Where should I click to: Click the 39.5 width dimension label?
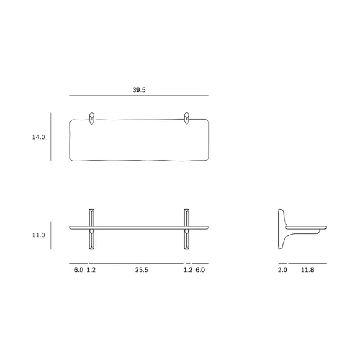tap(139, 90)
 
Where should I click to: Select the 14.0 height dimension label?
tap(39, 137)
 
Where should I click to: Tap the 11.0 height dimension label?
tap(39, 235)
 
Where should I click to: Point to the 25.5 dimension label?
tap(141, 270)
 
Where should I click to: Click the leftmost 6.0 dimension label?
tap(78, 270)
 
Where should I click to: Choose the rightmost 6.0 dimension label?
tap(200, 270)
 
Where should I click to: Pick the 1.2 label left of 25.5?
tap(91, 270)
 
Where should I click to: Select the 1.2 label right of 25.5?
tap(188, 270)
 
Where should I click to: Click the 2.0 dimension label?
tap(283, 270)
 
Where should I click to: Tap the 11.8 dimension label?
tap(307, 270)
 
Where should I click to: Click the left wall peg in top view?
tap(91, 118)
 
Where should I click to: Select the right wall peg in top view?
tap(187, 118)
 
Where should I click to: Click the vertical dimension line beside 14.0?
tap(51, 137)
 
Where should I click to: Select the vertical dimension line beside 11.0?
tap(51, 235)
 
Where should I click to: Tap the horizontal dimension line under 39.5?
tap(139, 95)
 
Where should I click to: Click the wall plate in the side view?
tap(279, 229)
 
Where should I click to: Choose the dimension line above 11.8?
tap(307, 264)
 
